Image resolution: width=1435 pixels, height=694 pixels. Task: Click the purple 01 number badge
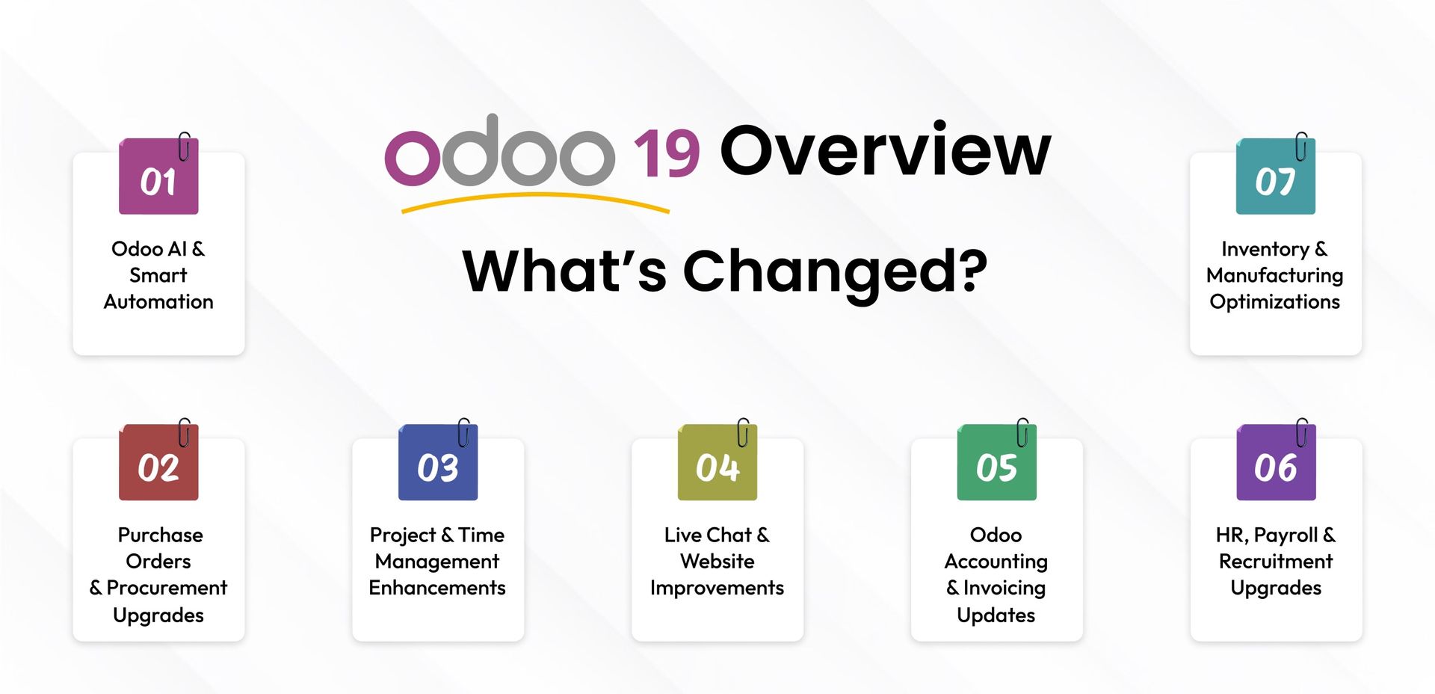click(x=158, y=177)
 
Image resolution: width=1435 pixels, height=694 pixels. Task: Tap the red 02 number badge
click(x=158, y=464)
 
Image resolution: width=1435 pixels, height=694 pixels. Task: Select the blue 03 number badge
click(x=438, y=464)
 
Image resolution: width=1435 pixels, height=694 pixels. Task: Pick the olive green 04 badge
click(x=717, y=464)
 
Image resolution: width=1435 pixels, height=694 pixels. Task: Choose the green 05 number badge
click(x=996, y=464)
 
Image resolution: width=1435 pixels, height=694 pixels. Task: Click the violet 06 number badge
click(x=1276, y=464)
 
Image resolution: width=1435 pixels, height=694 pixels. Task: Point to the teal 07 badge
click(x=1275, y=177)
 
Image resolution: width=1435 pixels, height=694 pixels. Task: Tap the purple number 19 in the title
click(x=666, y=153)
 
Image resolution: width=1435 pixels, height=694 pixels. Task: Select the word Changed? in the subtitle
click(x=835, y=271)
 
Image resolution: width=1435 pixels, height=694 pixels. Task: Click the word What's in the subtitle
click(x=564, y=271)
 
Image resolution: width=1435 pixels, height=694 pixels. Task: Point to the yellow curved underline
click(x=535, y=199)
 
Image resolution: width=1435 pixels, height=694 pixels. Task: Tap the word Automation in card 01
click(x=158, y=301)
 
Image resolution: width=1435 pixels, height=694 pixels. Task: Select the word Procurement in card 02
click(x=167, y=588)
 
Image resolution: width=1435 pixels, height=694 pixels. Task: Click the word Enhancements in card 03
click(x=437, y=588)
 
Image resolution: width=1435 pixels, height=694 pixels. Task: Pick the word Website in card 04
click(x=717, y=561)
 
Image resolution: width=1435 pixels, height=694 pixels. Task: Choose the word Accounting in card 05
click(x=996, y=561)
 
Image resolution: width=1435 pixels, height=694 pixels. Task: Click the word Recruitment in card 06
click(x=1276, y=561)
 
